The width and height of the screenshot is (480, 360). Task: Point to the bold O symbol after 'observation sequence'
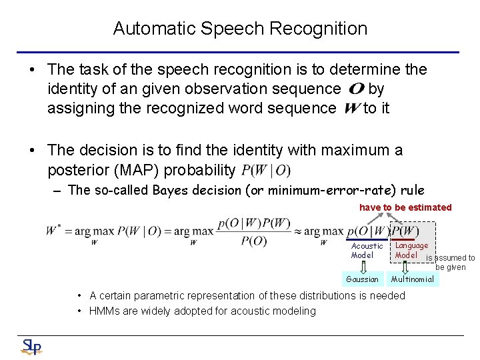pyautogui.click(x=356, y=89)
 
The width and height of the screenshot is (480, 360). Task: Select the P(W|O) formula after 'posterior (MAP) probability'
pyautogui.click(x=266, y=171)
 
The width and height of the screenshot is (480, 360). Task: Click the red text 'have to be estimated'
pyautogui.click(x=405, y=207)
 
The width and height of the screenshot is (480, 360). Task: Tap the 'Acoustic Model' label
pyautogui.click(x=367, y=250)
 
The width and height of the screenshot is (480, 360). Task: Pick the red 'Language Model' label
pyautogui.click(x=411, y=250)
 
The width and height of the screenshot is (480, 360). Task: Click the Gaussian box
pyautogui.click(x=363, y=279)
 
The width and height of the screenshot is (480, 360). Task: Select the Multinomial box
pyautogui.click(x=412, y=279)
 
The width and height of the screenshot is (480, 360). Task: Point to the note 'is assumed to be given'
pyautogui.click(x=451, y=262)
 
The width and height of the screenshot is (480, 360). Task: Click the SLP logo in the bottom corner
pyautogui.click(x=31, y=346)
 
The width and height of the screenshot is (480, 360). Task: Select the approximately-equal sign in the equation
pyautogui.click(x=298, y=231)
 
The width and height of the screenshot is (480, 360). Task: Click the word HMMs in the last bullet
pyautogui.click(x=105, y=311)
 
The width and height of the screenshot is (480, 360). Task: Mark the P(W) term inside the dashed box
pyautogui.click(x=405, y=231)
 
